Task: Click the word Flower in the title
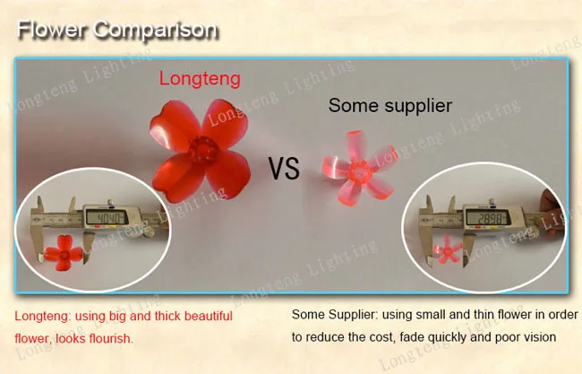(x=51, y=30)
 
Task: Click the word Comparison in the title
(x=156, y=30)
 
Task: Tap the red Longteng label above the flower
(x=200, y=79)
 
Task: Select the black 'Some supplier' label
(x=390, y=106)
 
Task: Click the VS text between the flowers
(x=284, y=169)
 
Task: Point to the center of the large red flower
(x=202, y=150)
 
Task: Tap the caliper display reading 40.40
(x=107, y=217)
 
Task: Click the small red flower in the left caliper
(x=64, y=253)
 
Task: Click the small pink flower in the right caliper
(x=448, y=250)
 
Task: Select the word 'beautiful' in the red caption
(x=209, y=316)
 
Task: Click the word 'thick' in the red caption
(x=167, y=316)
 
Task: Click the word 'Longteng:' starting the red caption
(x=43, y=317)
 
